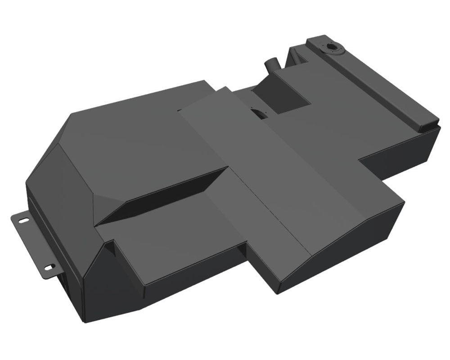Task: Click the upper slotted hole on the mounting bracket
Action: coord(22,220)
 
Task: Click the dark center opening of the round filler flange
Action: coord(333,47)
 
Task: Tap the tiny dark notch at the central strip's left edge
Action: coord(180,109)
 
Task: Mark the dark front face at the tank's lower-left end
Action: coord(72,288)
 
